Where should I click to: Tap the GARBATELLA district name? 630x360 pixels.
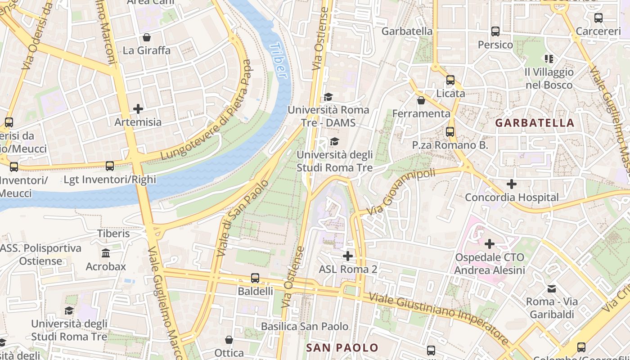(x=535, y=123)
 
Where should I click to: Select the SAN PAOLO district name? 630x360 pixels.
(x=342, y=347)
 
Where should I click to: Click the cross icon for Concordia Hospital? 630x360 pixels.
(x=511, y=184)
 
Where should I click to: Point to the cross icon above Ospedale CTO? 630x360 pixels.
(x=490, y=244)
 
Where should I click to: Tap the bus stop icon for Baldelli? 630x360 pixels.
(x=255, y=278)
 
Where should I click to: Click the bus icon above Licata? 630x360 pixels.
(x=450, y=80)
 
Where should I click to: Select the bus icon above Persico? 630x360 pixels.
(x=495, y=31)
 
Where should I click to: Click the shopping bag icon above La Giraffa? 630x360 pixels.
(x=147, y=37)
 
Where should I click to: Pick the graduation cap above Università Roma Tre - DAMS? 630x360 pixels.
(x=328, y=97)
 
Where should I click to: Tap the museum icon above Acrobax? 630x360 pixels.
(x=106, y=253)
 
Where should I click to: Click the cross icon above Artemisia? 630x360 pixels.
(x=138, y=109)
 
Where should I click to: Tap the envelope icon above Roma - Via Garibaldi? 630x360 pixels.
(x=552, y=288)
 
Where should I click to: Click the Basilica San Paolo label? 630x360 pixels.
(x=305, y=326)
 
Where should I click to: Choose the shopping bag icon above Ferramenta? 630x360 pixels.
(x=421, y=100)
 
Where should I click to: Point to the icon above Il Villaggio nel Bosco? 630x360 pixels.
(x=549, y=58)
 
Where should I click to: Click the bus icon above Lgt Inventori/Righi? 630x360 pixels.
(x=110, y=166)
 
